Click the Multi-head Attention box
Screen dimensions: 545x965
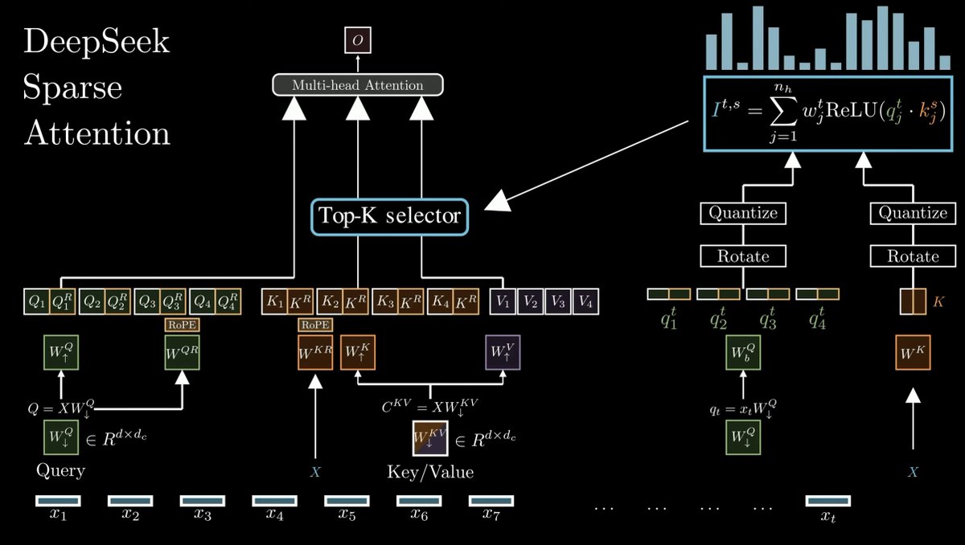tap(358, 84)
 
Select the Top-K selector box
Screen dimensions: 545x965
tap(390, 216)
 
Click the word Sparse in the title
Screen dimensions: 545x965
tap(72, 88)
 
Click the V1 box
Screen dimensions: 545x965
tap(503, 302)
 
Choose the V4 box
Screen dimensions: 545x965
tap(586, 302)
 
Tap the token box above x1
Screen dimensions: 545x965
tap(58, 501)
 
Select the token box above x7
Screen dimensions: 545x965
tap(491, 501)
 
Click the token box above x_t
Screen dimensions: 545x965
tap(827, 501)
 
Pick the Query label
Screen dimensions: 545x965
tap(60, 471)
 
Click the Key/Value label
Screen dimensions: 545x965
tap(431, 472)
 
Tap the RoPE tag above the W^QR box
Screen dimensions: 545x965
tap(183, 325)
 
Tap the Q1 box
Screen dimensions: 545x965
tap(36, 302)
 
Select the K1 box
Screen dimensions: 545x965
tap(275, 302)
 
